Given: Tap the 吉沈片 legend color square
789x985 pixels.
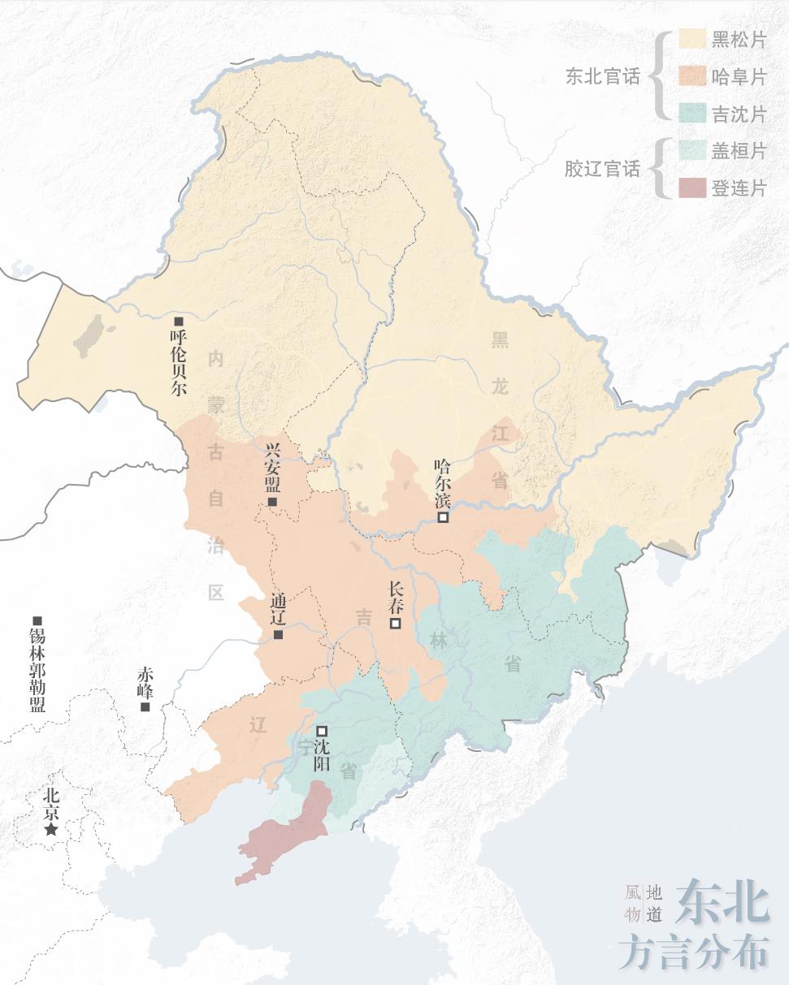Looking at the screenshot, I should click(x=691, y=114).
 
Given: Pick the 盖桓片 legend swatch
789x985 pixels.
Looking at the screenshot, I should click(x=691, y=151).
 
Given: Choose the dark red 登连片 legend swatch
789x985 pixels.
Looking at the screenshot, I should click(x=691, y=188).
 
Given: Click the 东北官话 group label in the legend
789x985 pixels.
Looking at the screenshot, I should click(x=603, y=77).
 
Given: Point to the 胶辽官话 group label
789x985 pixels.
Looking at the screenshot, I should click(x=603, y=169).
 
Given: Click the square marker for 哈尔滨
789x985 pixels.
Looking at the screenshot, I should click(x=444, y=516).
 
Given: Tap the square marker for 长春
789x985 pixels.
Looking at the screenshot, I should click(x=396, y=624).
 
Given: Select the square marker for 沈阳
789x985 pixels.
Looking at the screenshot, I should click(x=322, y=731).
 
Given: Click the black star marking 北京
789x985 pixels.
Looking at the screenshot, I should click(x=51, y=829).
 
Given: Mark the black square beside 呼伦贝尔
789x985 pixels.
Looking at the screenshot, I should click(x=179, y=322).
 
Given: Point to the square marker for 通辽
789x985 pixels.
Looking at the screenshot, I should click(x=278, y=634).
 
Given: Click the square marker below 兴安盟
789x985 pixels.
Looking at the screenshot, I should click(x=272, y=503).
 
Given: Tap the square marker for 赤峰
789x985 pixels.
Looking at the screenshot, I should click(x=145, y=706).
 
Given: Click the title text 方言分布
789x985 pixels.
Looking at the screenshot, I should click(x=692, y=950).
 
